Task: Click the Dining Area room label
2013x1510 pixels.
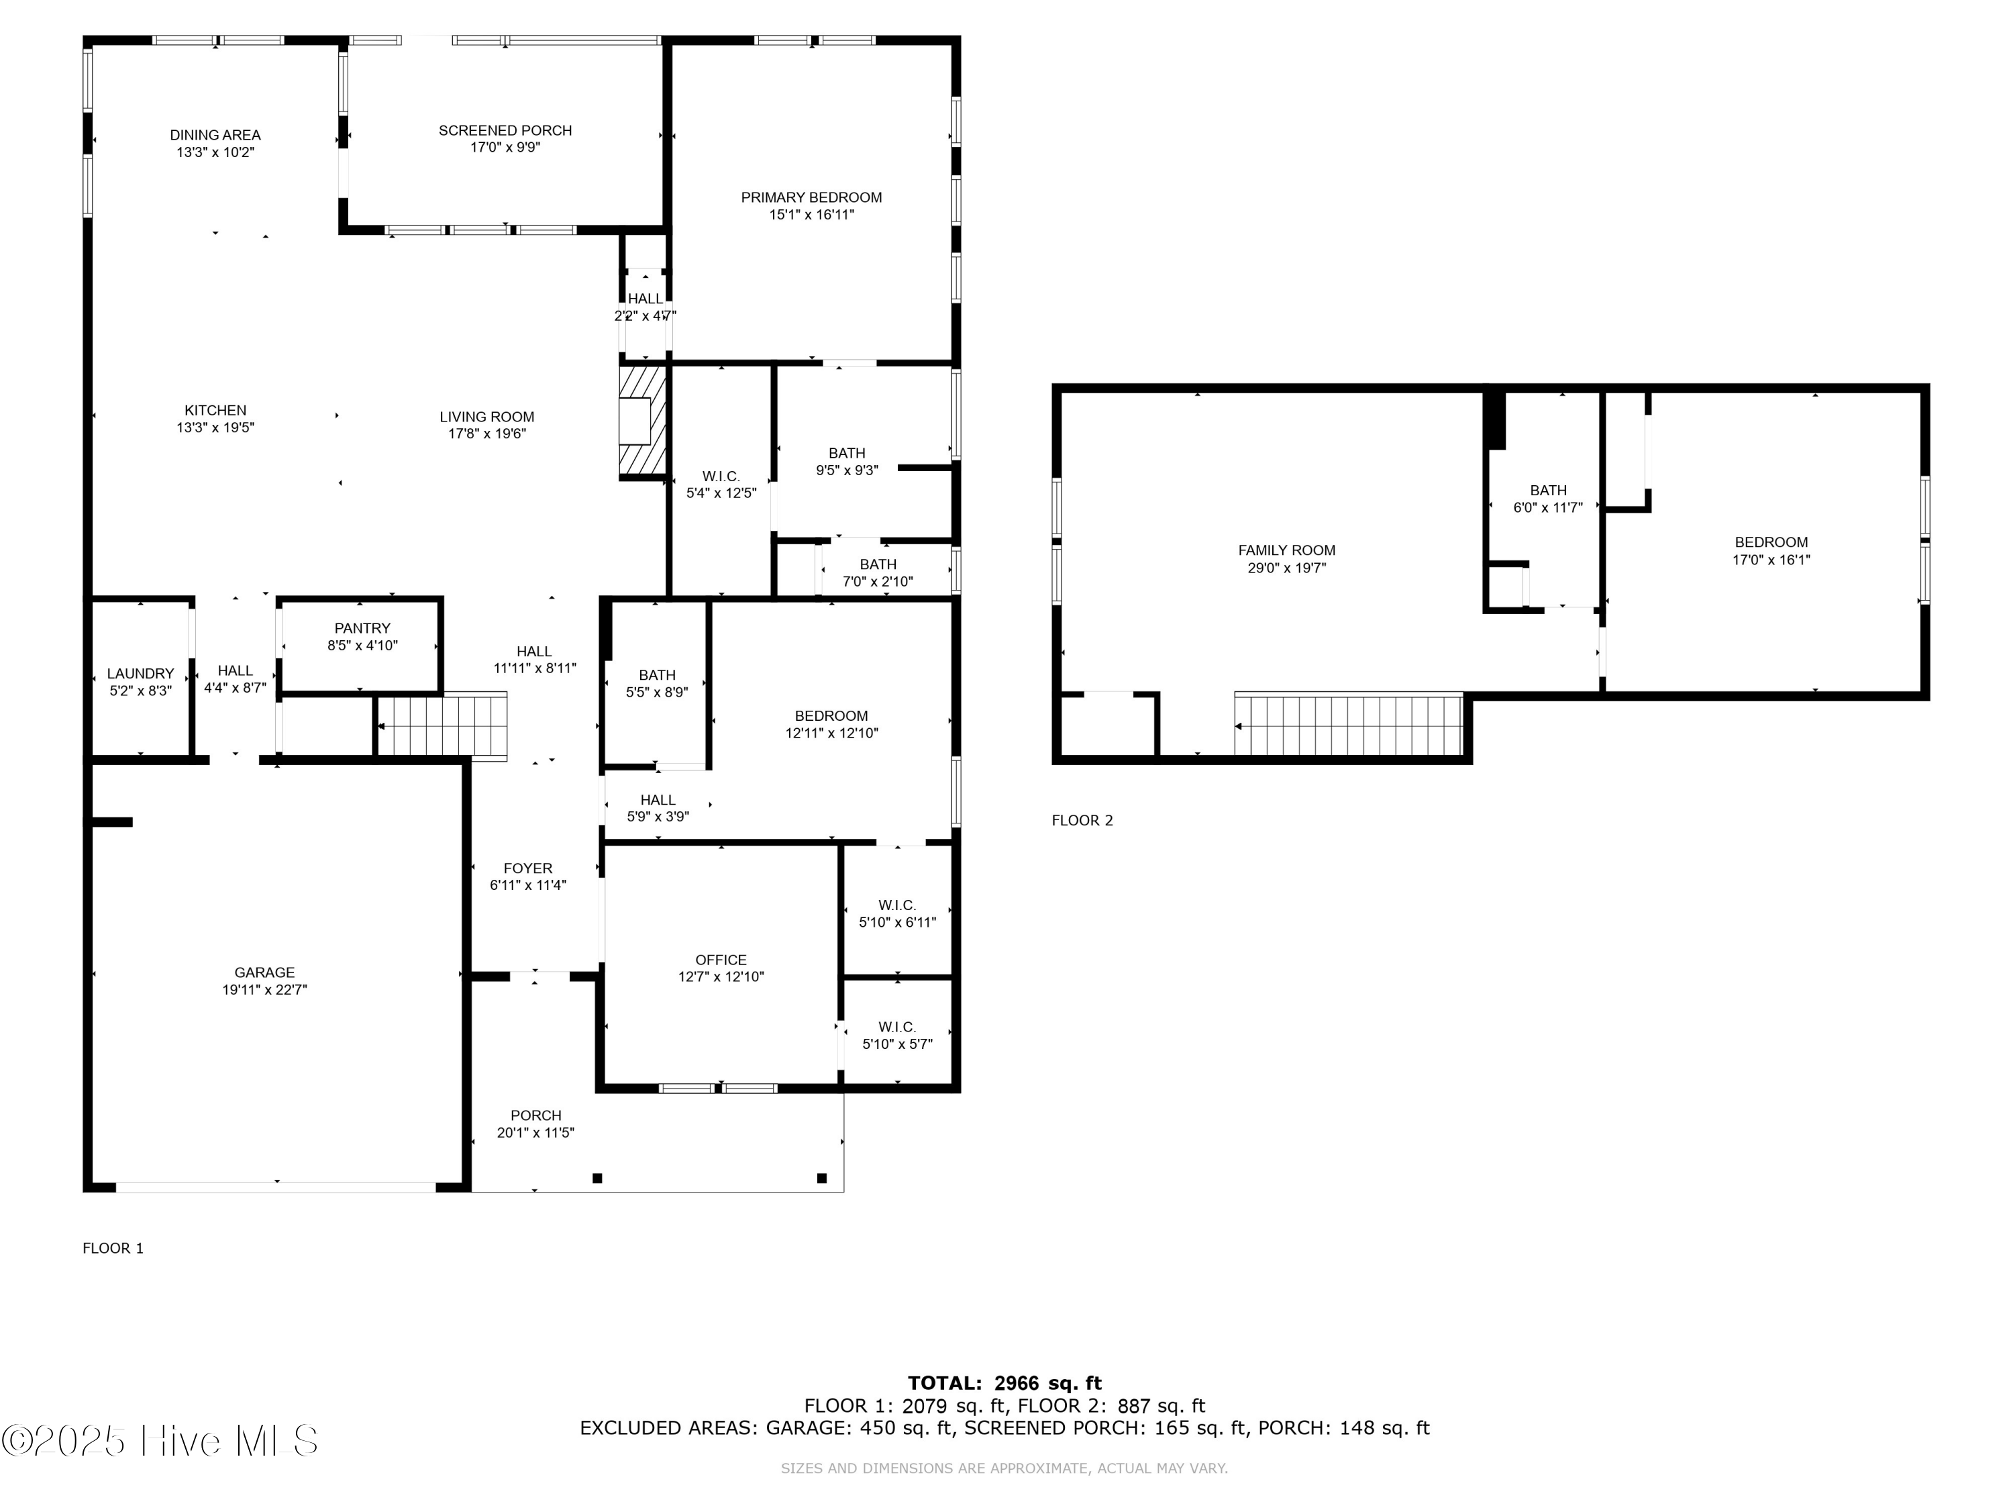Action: click(x=215, y=135)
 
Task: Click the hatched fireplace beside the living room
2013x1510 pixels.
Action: click(x=643, y=421)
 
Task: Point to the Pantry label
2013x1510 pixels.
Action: click(x=362, y=628)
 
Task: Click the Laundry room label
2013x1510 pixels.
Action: click(x=140, y=674)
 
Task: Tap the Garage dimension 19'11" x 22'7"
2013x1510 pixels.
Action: click(x=265, y=989)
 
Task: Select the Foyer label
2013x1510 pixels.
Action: click(x=528, y=868)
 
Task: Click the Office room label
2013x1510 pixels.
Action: click(x=721, y=960)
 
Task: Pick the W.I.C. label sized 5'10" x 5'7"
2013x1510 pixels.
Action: click(x=897, y=1027)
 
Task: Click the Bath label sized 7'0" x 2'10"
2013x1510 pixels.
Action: click(x=878, y=564)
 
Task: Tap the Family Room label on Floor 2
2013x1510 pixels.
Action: click(x=1287, y=550)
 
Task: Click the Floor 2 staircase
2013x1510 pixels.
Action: click(x=1349, y=725)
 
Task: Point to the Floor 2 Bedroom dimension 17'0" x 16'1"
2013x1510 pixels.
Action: click(x=1771, y=560)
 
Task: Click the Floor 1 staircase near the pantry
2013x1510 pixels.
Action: click(x=442, y=725)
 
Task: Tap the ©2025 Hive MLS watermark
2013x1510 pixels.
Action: click(x=160, y=1441)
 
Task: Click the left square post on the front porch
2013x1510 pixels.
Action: click(x=598, y=1178)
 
